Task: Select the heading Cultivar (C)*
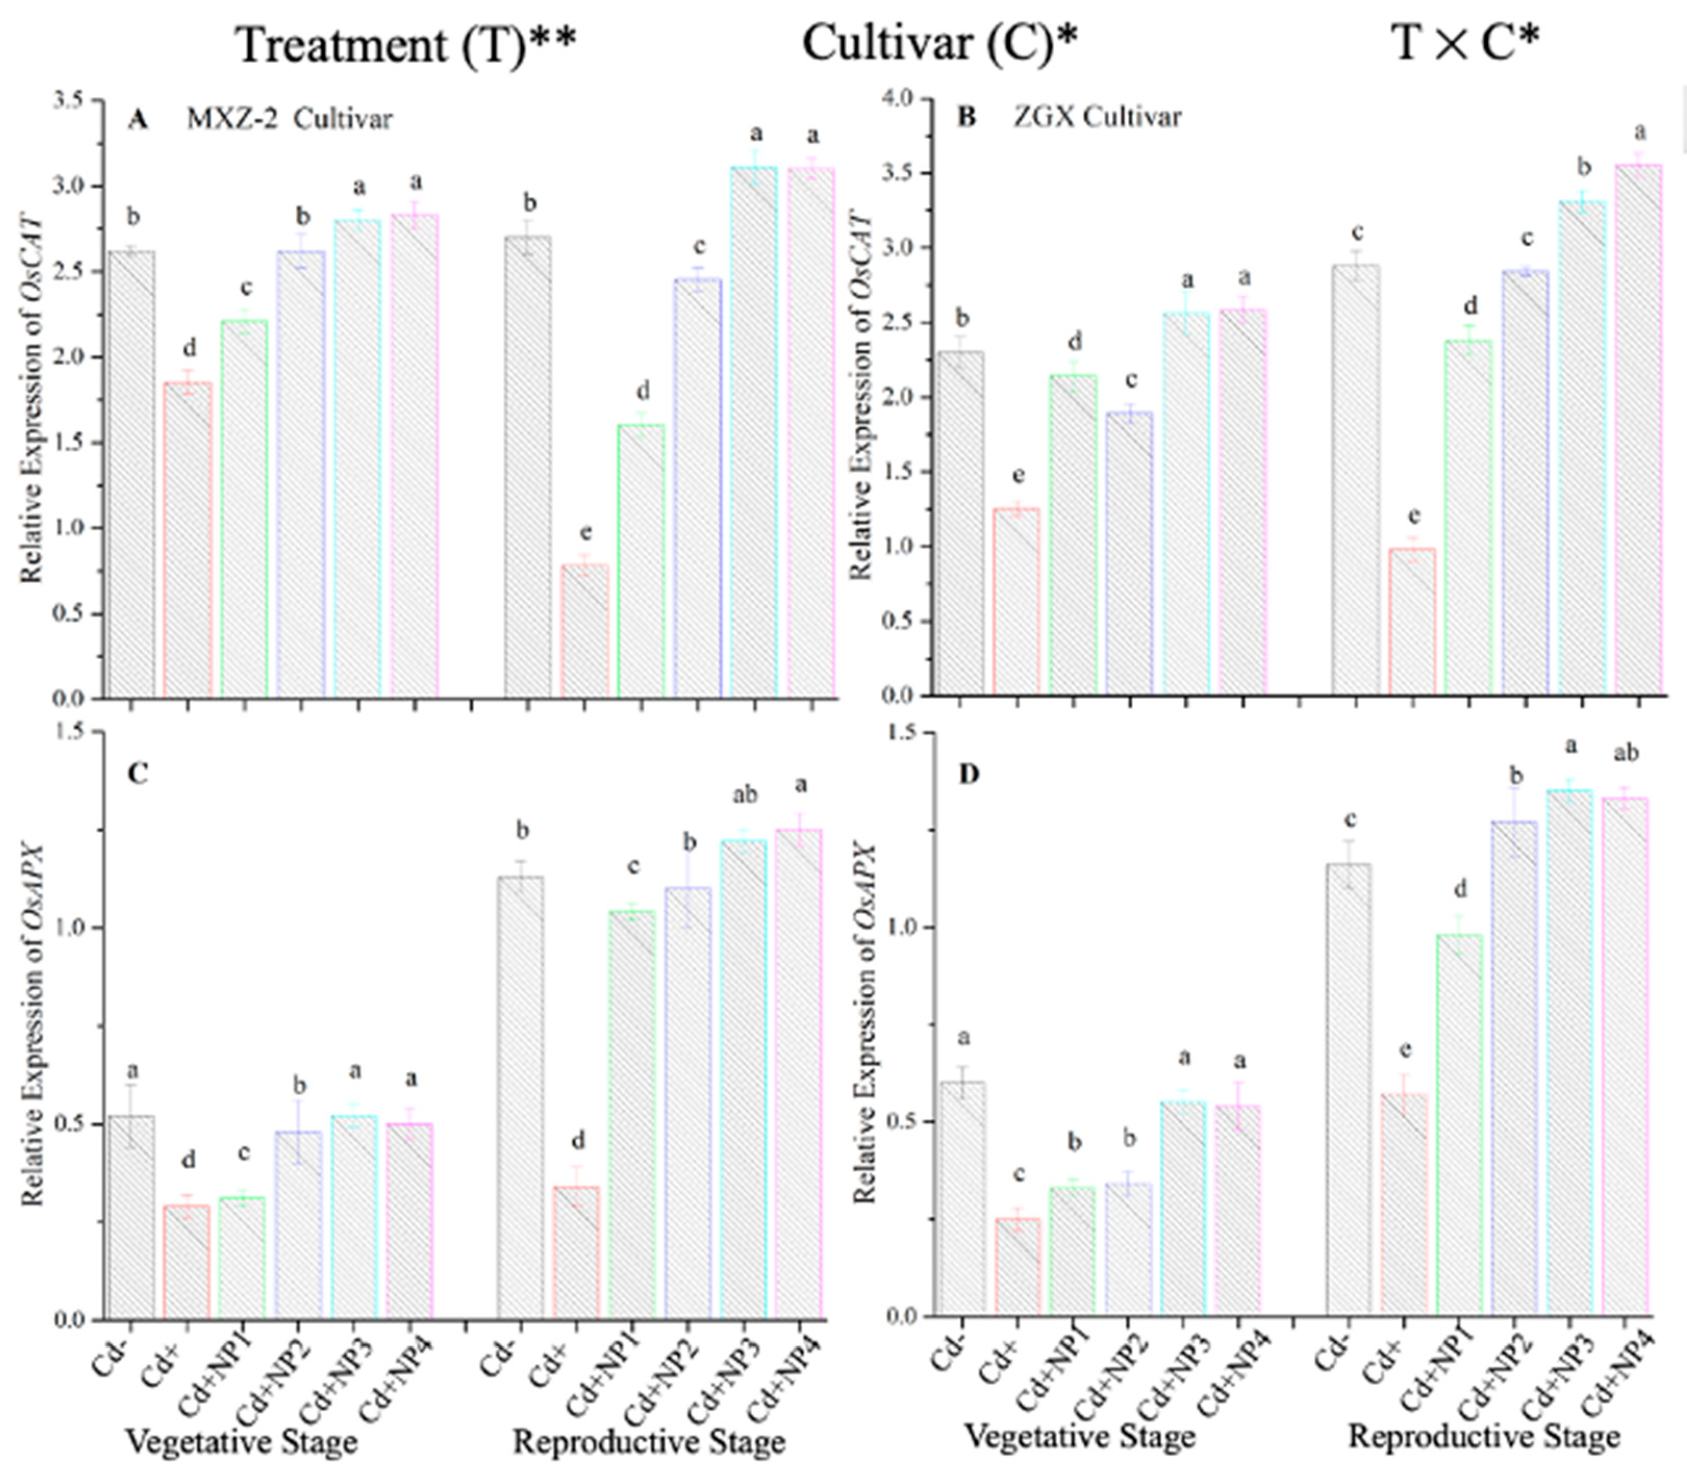tap(939, 43)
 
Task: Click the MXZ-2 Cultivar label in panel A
tap(289, 119)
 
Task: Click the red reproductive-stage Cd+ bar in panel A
tap(586, 631)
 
